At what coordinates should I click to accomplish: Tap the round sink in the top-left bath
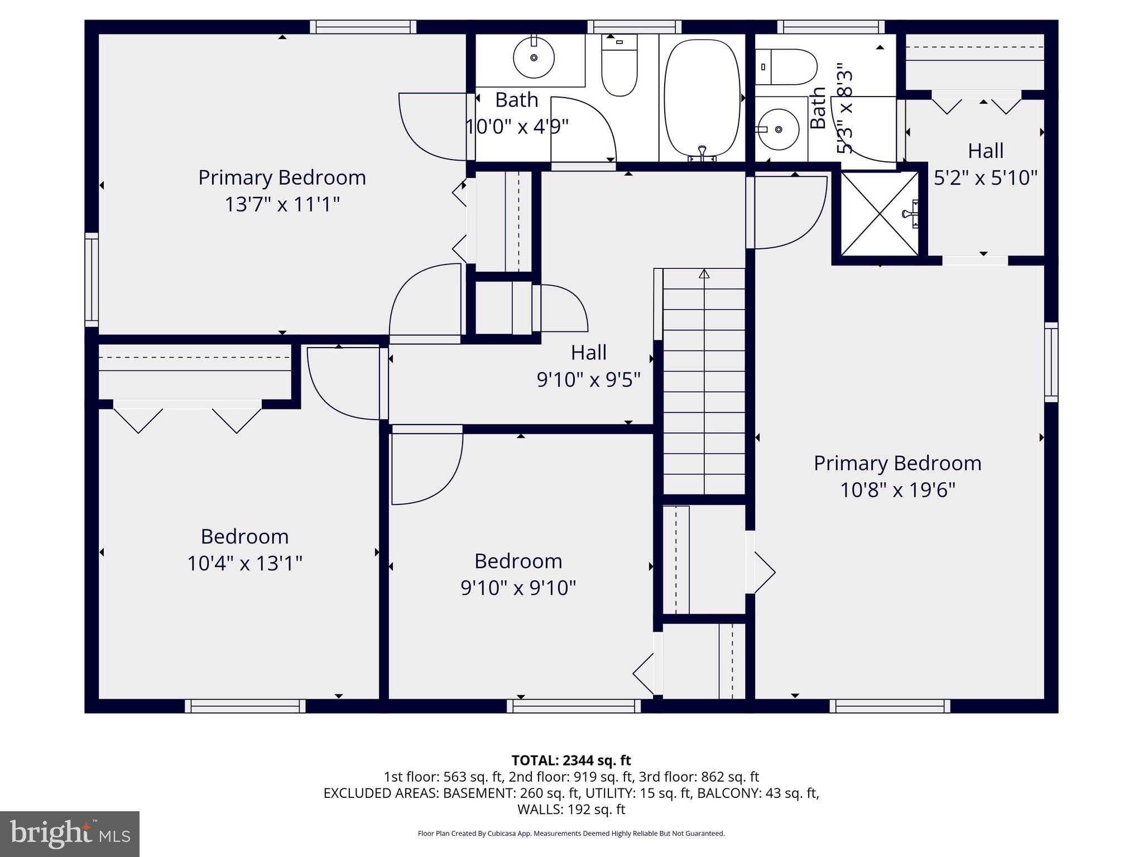pyautogui.click(x=534, y=57)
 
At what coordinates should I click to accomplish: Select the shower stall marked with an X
pyautogui.click(x=880, y=214)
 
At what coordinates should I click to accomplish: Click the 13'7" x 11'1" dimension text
pyautogui.click(x=282, y=204)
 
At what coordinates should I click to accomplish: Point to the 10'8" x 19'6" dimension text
pyautogui.click(x=897, y=490)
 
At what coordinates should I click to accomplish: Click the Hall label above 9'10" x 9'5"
pyautogui.click(x=588, y=353)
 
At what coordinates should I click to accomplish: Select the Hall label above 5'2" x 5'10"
pyautogui.click(x=985, y=151)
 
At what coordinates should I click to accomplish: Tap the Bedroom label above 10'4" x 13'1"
pyautogui.click(x=244, y=536)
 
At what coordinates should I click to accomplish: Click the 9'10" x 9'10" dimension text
pyautogui.click(x=518, y=588)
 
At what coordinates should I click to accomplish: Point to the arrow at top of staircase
pyautogui.click(x=704, y=274)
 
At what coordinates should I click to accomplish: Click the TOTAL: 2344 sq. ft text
pyautogui.click(x=571, y=760)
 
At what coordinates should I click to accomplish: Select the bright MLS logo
pyautogui.click(x=69, y=834)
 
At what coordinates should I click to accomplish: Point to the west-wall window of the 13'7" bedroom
pyautogui.click(x=92, y=280)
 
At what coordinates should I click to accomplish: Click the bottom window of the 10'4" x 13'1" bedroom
pyautogui.click(x=245, y=706)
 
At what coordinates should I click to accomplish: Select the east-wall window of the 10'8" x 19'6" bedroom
pyautogui.click(x=1050, y=362)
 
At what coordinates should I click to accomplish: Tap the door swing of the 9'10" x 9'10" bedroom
pyautogui.click(x=427, y=466)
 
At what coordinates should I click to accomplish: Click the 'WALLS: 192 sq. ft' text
pyautogui.click(x=571, y=809)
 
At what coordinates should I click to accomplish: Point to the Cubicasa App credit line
pyautogui.click(x=571, y=834)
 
